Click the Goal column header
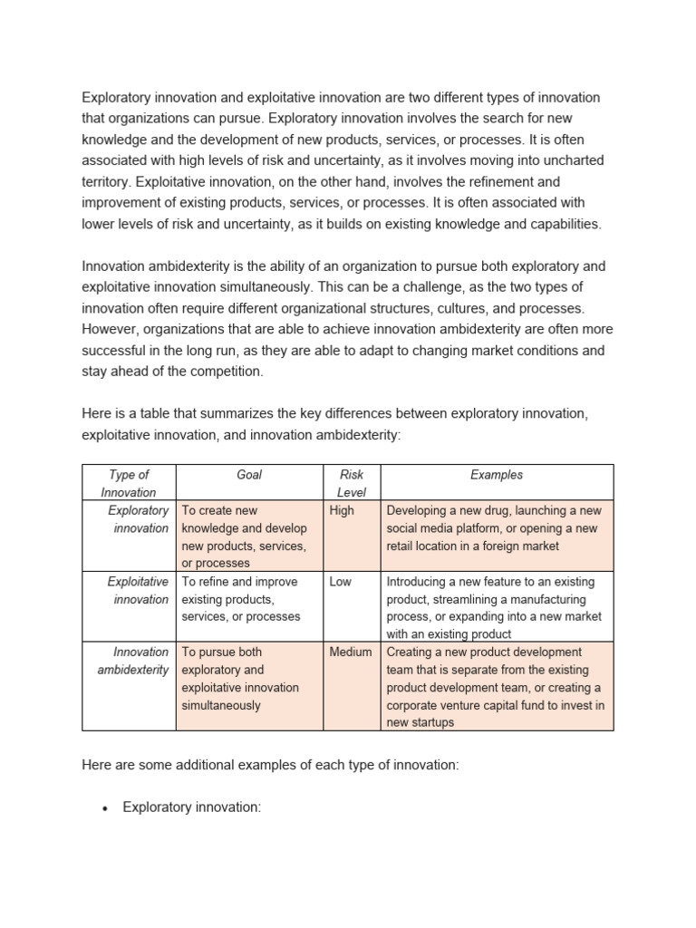[x=249, y=474]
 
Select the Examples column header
[x=497, y=474]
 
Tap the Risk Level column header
[x=352, y=483]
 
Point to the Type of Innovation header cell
[x=129, y=483]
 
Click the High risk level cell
[x=343, y=510]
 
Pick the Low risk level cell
[x=341, y=582]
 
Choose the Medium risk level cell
[x=351, y=652]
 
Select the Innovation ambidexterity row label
[x=133, y=661]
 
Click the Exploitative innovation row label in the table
[x=138, y=590]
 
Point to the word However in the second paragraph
[x=111, y=329]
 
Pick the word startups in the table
[x=430, y=722]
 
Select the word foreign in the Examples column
[x=507, y=546]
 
